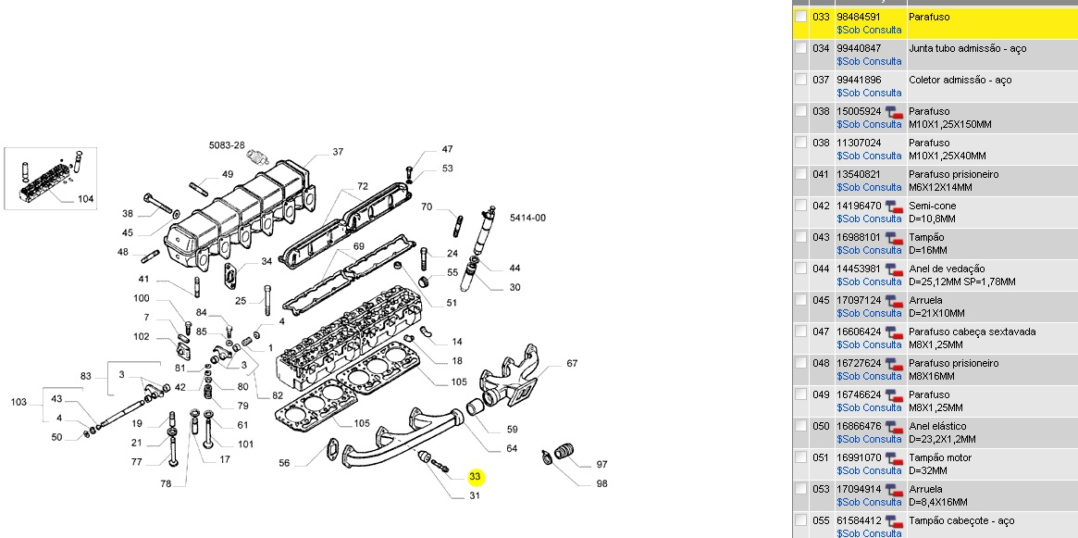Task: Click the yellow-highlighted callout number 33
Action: pos(476,477)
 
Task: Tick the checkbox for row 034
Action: pos(801,48)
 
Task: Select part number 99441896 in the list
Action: pos(858,80)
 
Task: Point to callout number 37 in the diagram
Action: pos(338,152)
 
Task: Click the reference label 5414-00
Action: pos(527,218)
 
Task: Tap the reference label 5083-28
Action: pos(226,145)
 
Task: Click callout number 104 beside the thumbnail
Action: pos(85,199)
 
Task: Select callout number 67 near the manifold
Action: pos(572,363)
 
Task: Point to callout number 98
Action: pos(601,483)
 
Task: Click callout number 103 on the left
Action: pos(19,402)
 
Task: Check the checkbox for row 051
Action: pos(801,457)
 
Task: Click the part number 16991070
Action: pos(858,457)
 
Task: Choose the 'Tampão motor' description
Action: pos(940,457)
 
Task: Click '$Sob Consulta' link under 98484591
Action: pos(868,30)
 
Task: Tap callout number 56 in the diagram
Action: pos(284,463)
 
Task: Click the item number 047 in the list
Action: pos(820,332)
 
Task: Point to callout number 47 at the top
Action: pos(447,149)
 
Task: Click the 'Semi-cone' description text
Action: pos(933,206)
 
